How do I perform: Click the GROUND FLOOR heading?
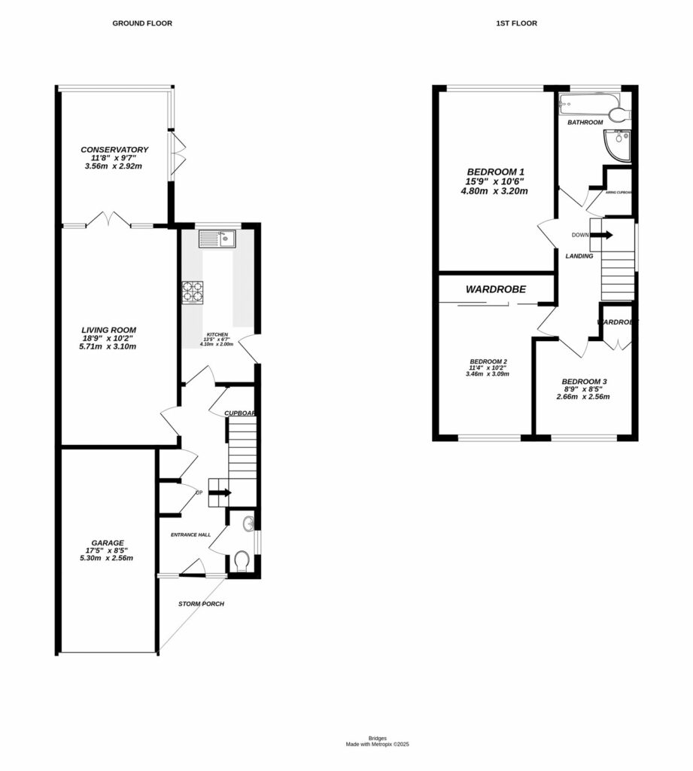tap(142, 23)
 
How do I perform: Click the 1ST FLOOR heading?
tap(516, 23)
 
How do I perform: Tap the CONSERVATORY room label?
tap(114, 150)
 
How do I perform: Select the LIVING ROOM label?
tap(109, 330)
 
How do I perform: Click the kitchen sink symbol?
tap(217, 239)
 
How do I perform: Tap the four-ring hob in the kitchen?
tap(193, 292)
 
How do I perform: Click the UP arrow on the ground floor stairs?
tap(220, 492)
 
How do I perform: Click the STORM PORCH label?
tap(201, 604)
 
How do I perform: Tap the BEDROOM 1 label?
tap(494, 171)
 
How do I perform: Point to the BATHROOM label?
tap(585, 122)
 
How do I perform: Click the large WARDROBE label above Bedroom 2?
tap(495, 288)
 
